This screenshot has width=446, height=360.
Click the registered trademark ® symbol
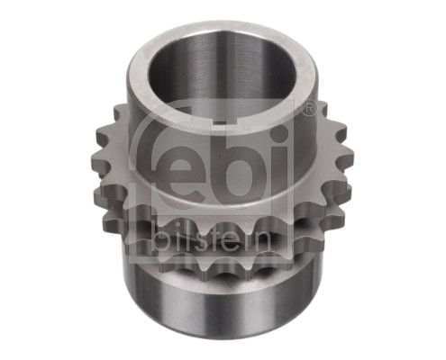[x=309, y=108]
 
